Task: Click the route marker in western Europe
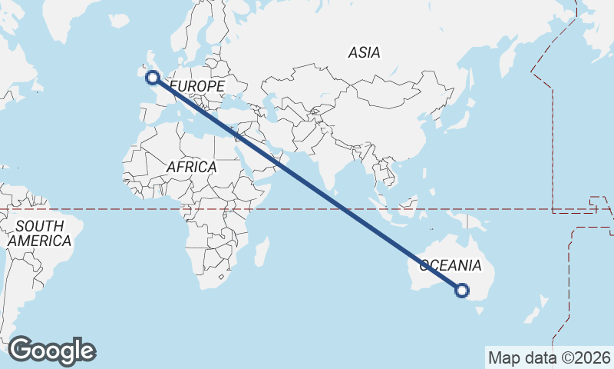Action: pyautogui.click(x=153, y=77)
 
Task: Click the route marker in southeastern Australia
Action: pyautogui.click(x=462, y=290)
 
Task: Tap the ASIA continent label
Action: pyautogui.click(x=364, y=53)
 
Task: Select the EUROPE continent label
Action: pyautogui.click(x=197, y=86)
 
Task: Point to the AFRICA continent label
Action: pyautogui.click(x=191, y=167)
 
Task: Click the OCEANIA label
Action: pyautogui.click(x=451, y=266)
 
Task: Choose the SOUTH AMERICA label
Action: pyautogui.click(x=40, y=233)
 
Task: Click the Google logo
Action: pyautogui.click(x=51, y=351)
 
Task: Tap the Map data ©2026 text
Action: pyautogui.click(x=549, y=357)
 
